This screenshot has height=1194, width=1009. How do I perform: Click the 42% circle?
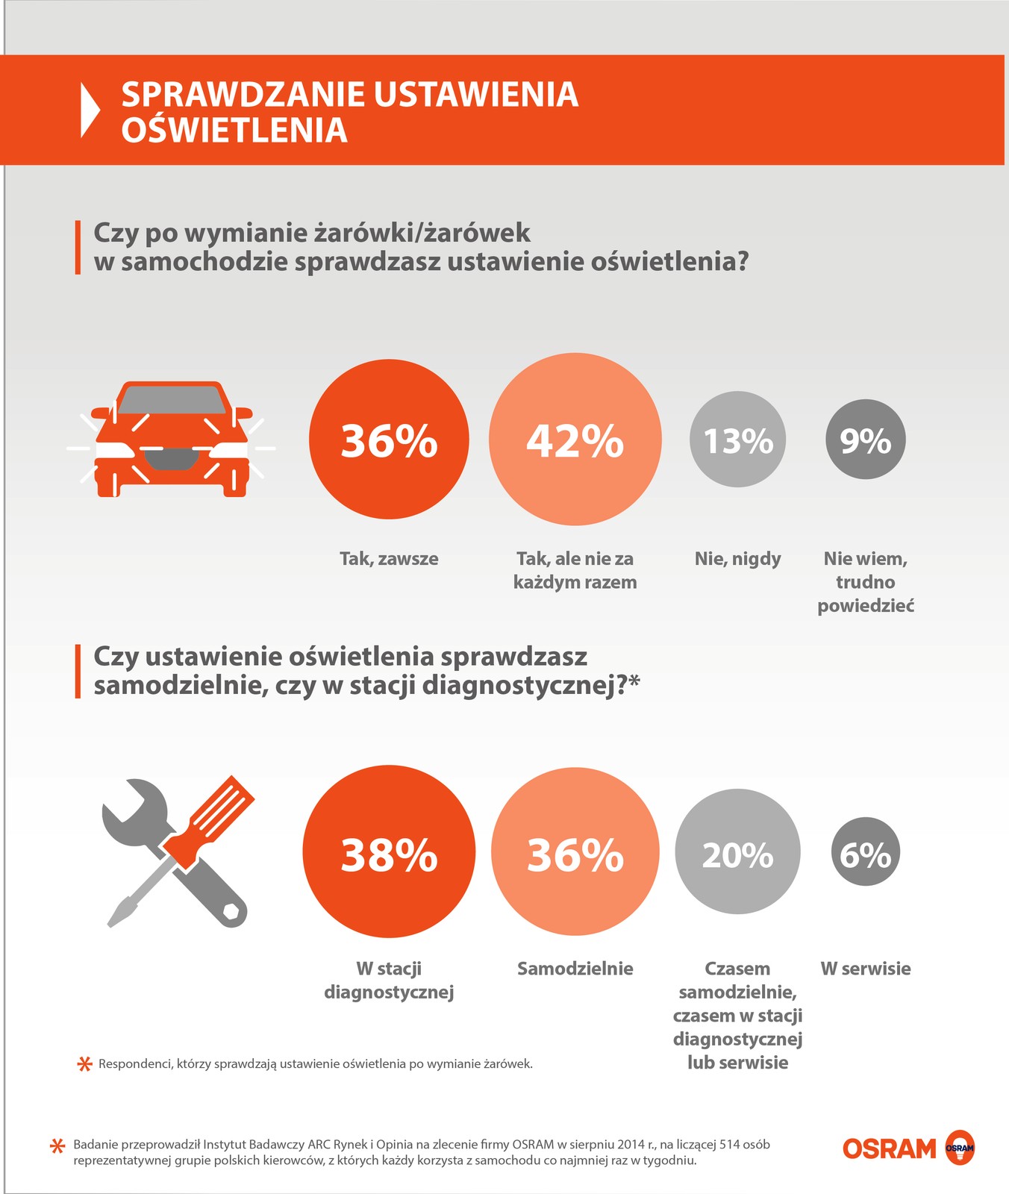(575, 440)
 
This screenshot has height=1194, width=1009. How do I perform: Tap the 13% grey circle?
(737, 440)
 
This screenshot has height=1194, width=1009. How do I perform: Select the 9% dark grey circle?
(865, 440)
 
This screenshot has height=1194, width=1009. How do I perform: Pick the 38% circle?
(389, 851)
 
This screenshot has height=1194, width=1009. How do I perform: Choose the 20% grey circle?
(737, 852)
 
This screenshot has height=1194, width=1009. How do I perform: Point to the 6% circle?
(866, 852)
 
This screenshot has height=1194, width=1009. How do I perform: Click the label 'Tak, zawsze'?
(389, 558)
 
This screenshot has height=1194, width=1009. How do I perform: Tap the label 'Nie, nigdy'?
(737, 558)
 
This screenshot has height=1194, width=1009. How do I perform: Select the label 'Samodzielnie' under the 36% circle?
(575, 969)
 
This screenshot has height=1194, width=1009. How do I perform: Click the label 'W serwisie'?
(866, 969)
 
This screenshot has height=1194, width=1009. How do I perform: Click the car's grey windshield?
(172, 400)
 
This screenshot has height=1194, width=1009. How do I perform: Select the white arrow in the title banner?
(90, 110)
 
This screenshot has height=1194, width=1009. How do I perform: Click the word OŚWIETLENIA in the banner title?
(234, 131)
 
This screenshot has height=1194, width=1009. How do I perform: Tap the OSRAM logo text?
(889, 1148)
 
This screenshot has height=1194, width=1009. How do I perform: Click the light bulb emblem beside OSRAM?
(959, 1148)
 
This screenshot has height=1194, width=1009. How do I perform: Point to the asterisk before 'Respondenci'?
(85, 1063)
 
